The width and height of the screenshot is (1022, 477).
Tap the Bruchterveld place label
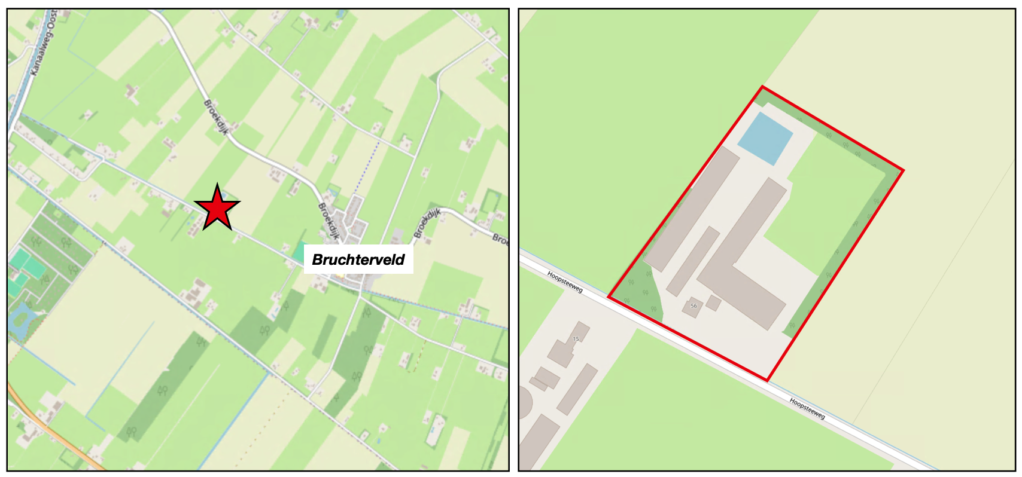[x=358, y=259]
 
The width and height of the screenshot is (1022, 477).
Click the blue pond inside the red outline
[x=765, y=139]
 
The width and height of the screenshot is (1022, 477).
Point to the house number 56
[x=693, y=306]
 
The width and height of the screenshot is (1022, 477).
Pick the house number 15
[x=576, y=339]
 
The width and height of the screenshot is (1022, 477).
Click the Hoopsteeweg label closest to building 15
[x=565, y=282]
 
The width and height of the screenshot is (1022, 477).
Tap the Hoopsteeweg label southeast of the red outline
[x=807, y=408]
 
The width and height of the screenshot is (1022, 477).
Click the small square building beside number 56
[x=713, y=302]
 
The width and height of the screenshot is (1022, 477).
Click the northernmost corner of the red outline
[x=762, y=87]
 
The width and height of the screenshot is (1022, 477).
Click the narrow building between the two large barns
[x=693, y=261]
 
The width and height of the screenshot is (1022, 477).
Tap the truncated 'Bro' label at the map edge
[x=500, y=239]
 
